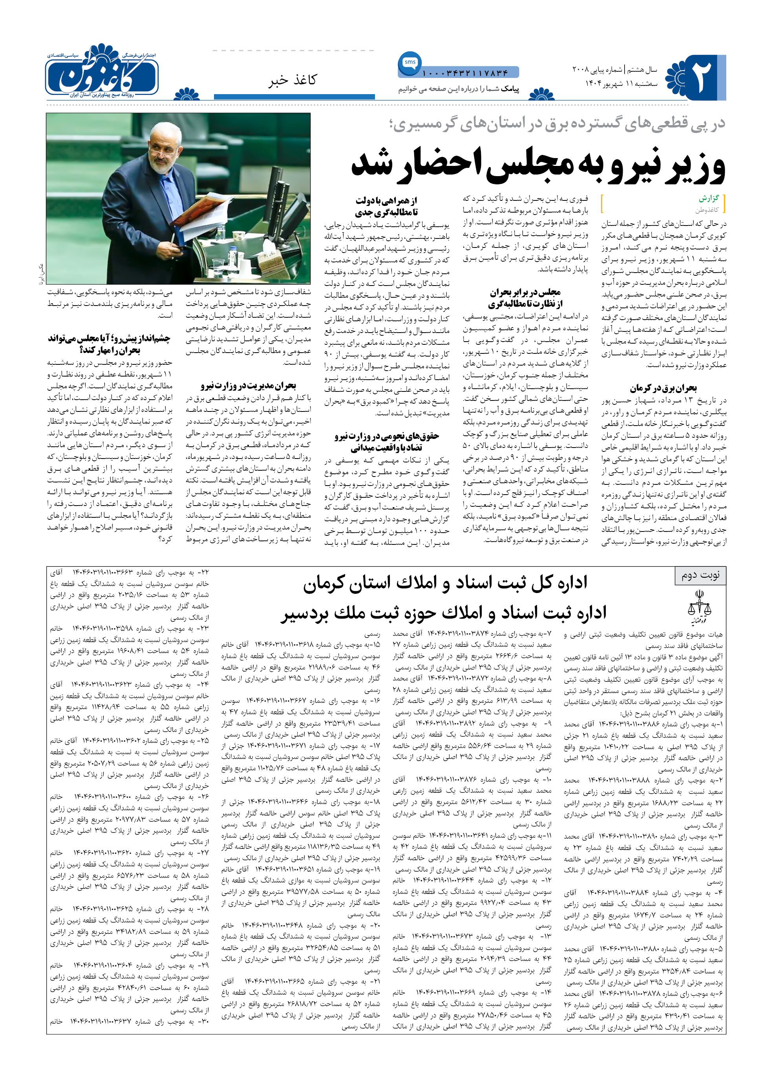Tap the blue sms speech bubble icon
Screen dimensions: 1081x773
pos(409,63)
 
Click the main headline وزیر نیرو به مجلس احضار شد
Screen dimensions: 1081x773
pos(538,165)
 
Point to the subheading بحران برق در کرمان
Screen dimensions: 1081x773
pos(663,388)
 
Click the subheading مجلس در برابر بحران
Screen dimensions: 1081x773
pos(525,292)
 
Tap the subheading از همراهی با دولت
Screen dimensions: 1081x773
pos(386,200)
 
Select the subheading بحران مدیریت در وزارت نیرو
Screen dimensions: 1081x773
pos(248,386)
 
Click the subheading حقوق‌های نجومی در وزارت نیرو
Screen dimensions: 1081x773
pos(386,436)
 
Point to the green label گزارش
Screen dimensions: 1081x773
pos(709,198)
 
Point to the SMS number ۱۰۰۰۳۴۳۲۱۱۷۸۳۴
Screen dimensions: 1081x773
pos(465,73)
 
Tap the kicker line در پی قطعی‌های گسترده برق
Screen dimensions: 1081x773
pos(557,124)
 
